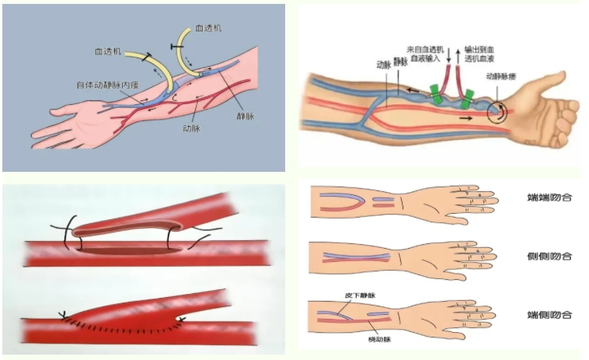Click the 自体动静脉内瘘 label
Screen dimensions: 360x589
click(x=107, y=84)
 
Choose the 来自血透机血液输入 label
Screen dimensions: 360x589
click(x=423, y=53)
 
